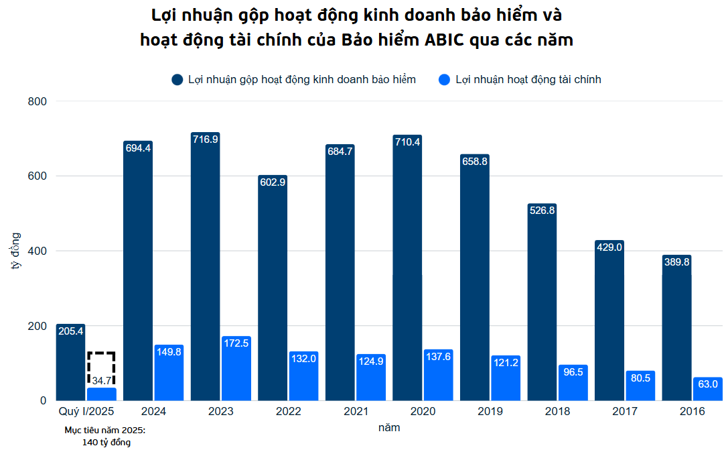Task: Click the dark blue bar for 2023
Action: point(205,268)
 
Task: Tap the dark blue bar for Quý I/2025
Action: point(70,365)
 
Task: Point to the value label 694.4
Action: point(138,148)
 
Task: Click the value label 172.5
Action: point(236,343)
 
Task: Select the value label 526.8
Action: point(542,211)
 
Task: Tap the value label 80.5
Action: point(640,378)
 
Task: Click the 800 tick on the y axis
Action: point(37,101)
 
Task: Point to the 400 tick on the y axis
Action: point(37,251)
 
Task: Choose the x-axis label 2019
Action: point(490,411)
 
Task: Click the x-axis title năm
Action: point(388,427)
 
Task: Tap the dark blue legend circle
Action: point(177,80)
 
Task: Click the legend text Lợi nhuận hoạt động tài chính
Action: point(528,80)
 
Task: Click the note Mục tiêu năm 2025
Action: point(105,430)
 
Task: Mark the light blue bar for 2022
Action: point(303,377)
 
